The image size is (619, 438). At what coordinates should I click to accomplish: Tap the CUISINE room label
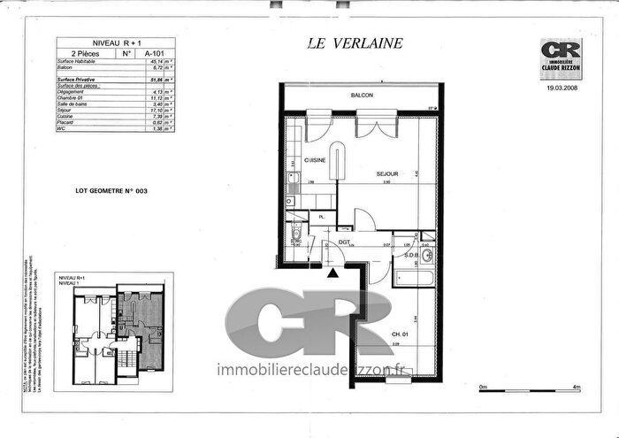tap(316, 160)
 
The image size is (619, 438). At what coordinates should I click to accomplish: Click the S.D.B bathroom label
tap(410, 256)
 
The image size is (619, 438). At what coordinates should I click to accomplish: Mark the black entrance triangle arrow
tap(332, 273)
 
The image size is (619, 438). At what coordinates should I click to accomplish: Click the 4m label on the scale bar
tap(576, 388)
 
